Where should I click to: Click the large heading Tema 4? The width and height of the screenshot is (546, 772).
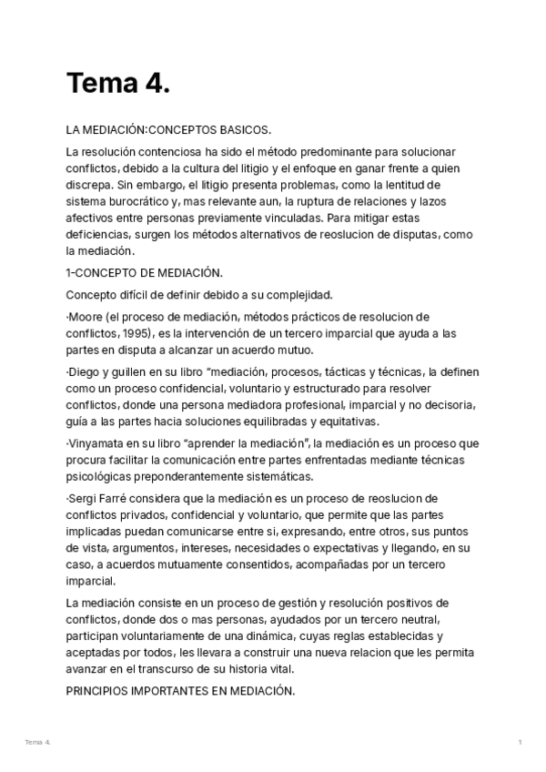click(x=118, y=84)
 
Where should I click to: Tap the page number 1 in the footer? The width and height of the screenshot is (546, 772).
click(x=520, y=743)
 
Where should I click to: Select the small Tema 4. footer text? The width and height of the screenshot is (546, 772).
click(x=38, y=743)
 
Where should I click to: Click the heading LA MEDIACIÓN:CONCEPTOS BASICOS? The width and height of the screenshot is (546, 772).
click(x=168, y=131)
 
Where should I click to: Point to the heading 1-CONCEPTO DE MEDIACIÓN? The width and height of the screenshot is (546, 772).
click(x=144, y=272)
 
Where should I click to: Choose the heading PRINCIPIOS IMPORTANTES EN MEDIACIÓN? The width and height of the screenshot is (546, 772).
click(x=180, y=691)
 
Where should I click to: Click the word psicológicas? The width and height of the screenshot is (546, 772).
click(x=99, y=476)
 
